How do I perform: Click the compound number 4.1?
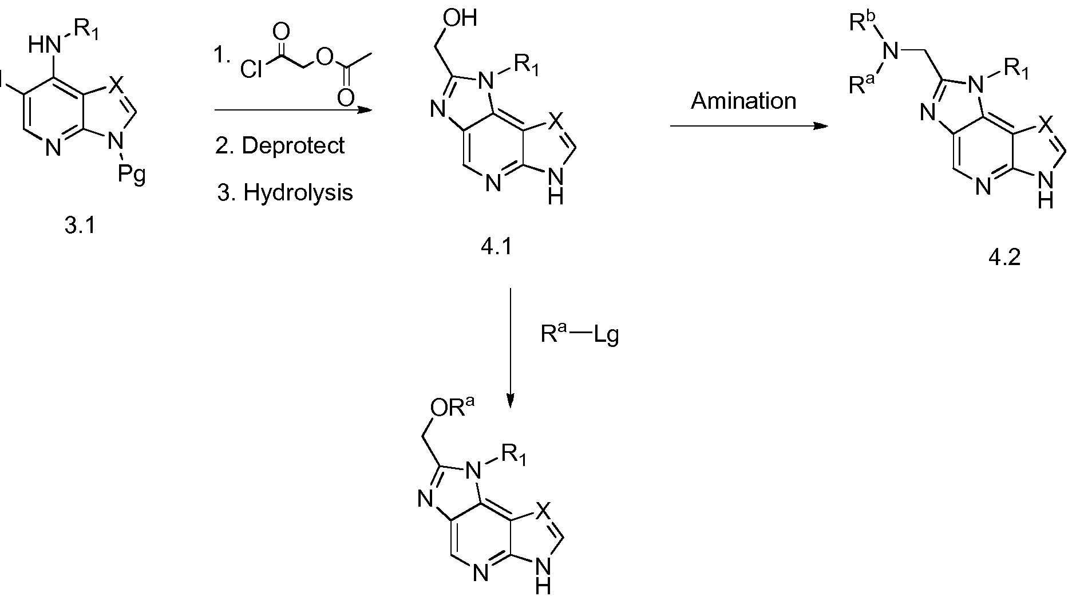[x=496, y=247]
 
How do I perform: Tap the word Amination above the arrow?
[x=743, y=101]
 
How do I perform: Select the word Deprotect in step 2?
[x=294, y=145]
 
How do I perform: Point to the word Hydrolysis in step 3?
[x=298, y=192]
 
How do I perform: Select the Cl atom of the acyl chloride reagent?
[x=251, y=69]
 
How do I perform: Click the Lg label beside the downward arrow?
[x=606, y=335]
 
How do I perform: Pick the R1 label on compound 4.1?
[x=525, y=68]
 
